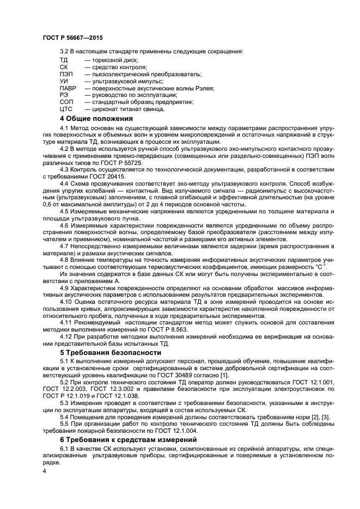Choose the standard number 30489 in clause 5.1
(x=200, y=376)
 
